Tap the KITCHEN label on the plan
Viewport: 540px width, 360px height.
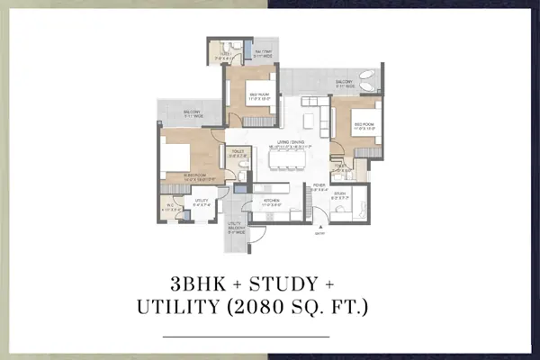click(270, 202)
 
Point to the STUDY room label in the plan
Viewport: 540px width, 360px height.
click(340, 193)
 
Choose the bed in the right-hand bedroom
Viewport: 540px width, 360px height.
click(354, 129)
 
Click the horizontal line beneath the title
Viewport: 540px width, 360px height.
click(270, 336)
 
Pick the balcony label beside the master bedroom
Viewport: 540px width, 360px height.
click(178, 112)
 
